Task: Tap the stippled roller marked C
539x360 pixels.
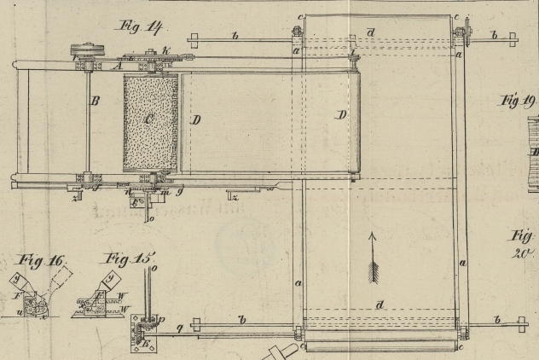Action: (x=150, y=122)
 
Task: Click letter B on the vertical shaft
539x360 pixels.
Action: (x=96, y=102)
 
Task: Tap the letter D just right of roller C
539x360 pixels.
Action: (x=195, y=119)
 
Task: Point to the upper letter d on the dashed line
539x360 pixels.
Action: (x=370, y=32)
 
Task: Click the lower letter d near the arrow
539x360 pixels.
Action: (x=380, y=305)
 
